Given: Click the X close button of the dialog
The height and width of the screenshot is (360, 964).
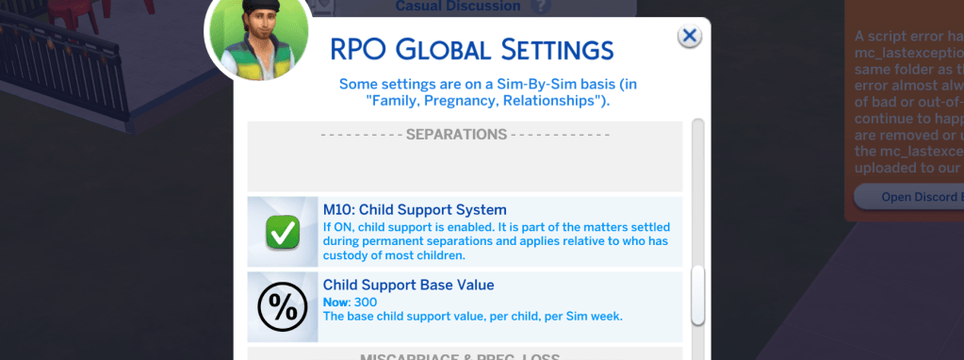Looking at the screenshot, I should (x=690, y=36).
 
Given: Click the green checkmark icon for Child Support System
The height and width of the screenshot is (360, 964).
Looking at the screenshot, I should (x=282, y=231).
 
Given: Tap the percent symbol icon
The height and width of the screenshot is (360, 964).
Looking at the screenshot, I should (x=282, y=306).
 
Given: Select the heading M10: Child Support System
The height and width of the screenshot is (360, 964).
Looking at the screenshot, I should (x=415, y=209).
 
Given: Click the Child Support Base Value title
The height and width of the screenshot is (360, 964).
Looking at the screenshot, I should (x=408, y=285).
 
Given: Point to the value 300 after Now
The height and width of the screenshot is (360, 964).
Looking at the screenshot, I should (x=365, y=302).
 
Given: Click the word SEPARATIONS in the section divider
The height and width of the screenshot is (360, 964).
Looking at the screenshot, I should (x=456, y=135).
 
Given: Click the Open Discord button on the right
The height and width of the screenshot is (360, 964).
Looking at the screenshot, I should (x=908, y=197).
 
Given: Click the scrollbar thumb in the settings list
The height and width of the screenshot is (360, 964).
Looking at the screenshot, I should (x=697, y=295).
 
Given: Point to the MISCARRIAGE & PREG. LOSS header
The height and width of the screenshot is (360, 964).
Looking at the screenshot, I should (x=461, y=356).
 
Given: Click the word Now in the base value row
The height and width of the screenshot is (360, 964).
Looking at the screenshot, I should (x=335, y=302).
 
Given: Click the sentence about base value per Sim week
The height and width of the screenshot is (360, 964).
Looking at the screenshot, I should (x=473, y=316).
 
